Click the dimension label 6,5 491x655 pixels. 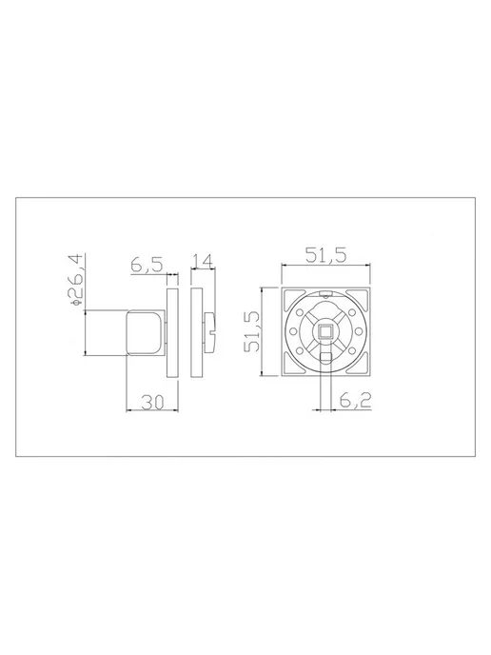tap(147, 266)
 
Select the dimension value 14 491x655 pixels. tap(203, 261)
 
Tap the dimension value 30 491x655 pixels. tap(153, 402)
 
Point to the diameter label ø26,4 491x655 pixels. tap(77, 280)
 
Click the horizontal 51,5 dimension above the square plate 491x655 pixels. tap(325, 255)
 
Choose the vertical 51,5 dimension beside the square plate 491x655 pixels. tap(252, 331)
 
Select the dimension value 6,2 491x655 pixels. tap(355, 401)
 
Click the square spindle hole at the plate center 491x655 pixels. tap(325, 331)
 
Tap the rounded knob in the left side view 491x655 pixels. tap(147, 332)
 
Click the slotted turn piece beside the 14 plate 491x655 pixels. tap(210, 332)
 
